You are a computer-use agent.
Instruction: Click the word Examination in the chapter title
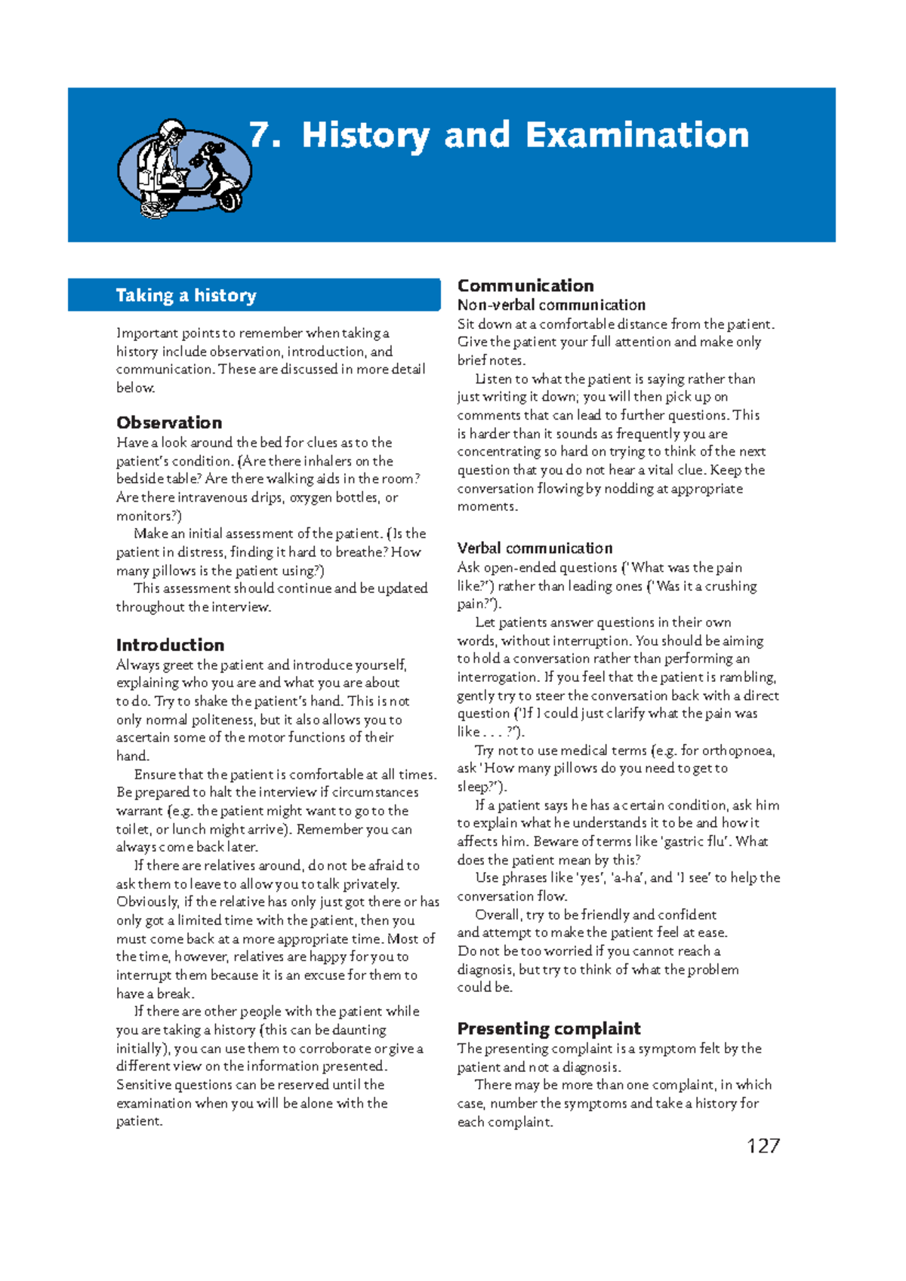[x=637, y=136]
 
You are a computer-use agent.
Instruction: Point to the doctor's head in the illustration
[x=173, y=133]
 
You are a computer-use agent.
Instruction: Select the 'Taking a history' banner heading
[x=186, y=295]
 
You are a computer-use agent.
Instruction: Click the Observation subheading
[x=169, y=422]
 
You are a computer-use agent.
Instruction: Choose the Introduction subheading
[x=170, y=645]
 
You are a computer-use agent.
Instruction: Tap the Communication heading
[x=525, y=285]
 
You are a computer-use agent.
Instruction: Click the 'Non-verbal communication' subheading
[x=551, y=305]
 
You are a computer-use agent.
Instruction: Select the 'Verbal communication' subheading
[x=535, y=548]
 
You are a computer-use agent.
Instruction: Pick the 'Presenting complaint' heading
[x=549, y=1029]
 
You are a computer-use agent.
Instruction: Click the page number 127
[x=763, y=1146]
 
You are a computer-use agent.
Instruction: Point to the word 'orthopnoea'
[x=738, y=751]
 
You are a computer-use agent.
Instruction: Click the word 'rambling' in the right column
[x=747, y=677]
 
